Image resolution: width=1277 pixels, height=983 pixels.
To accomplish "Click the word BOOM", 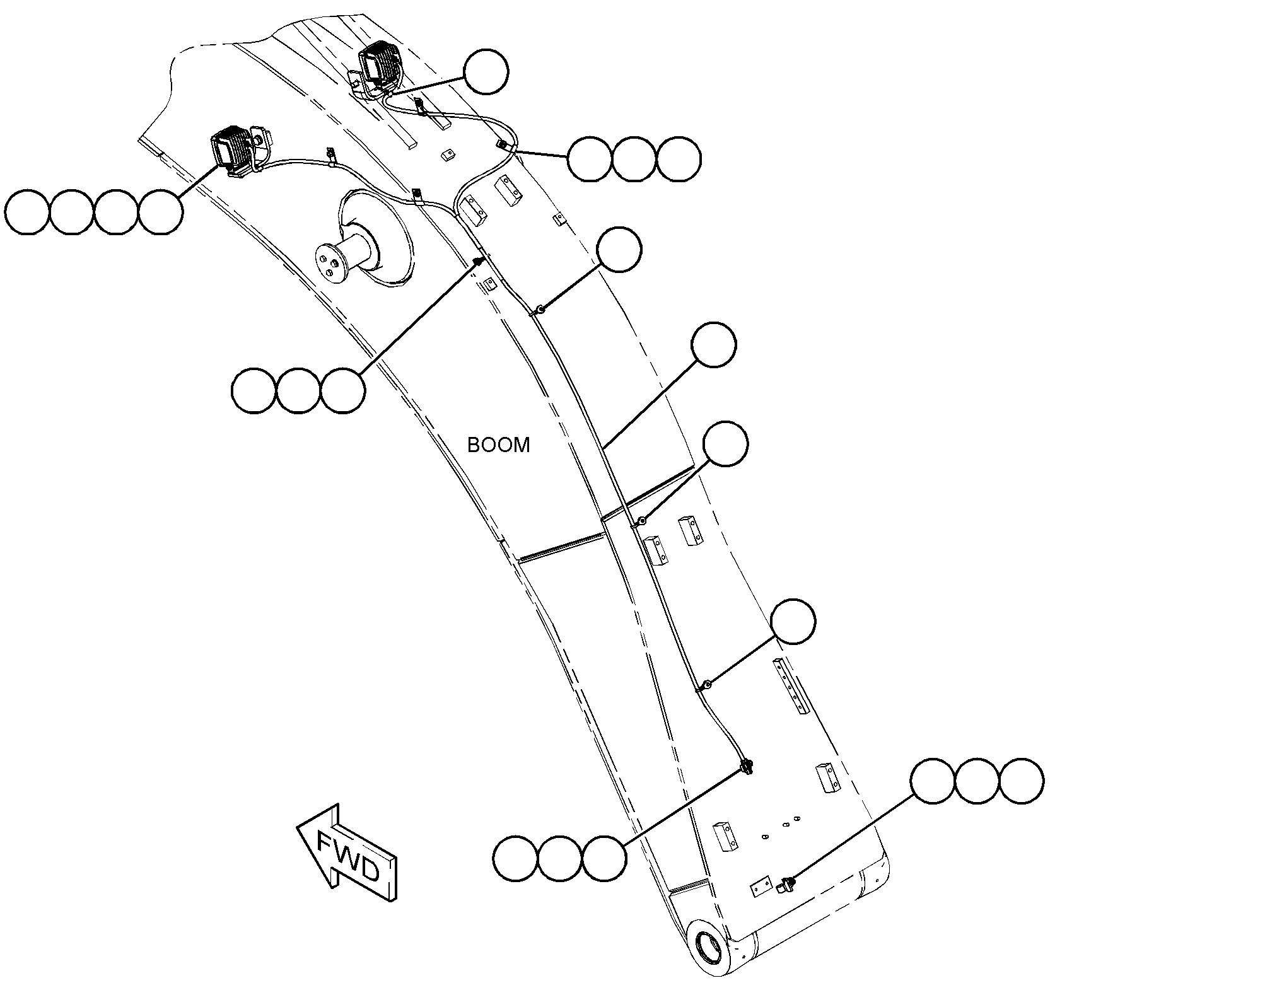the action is coord(498,445).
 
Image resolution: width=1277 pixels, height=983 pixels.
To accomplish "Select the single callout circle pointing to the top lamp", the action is coord(486,73).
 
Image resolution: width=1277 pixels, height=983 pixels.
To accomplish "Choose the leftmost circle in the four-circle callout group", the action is coord(28,212).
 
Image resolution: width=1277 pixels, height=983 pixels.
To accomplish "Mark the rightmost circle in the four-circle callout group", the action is coord(160,212).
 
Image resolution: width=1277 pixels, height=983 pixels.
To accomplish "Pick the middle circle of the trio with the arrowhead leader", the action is coord(299,391).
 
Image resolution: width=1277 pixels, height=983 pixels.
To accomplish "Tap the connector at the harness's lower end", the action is coord(748,767).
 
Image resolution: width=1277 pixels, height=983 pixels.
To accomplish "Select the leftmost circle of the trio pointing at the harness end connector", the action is coord(516,858).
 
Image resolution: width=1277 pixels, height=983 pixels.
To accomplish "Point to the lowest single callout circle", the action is coord(793,621).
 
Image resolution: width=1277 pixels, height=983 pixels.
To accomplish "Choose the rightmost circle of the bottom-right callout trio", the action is coord(1022,781).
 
